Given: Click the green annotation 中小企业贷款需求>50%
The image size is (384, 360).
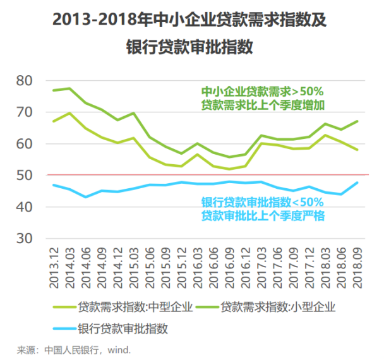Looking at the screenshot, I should [262, 91].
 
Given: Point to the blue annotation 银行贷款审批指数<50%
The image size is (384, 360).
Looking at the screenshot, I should [262, 203].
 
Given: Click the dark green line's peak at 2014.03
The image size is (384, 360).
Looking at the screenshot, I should [69, 88].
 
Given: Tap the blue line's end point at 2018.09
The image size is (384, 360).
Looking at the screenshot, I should [358, 183].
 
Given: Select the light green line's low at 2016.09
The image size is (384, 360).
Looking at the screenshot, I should [229, 169].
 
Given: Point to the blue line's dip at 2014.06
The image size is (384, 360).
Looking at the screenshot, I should [86, 197].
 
